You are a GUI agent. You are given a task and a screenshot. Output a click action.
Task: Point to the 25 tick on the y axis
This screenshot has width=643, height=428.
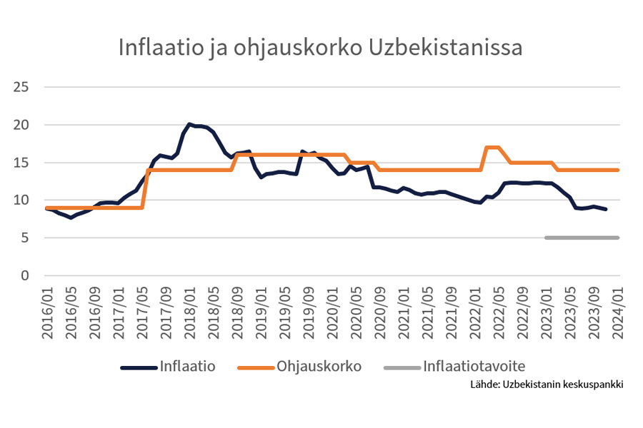[x=25, y=87]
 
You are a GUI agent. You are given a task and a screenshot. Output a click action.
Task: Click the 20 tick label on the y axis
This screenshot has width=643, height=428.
[x=25, y=125]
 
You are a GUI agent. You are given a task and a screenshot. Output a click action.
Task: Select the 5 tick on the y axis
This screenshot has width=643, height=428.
[x=29, y=238]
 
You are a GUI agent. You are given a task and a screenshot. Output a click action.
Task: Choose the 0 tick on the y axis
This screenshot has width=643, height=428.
[x=29, y=275]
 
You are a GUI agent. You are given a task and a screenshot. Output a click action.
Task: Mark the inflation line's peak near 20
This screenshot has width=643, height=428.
[x=189, y=124]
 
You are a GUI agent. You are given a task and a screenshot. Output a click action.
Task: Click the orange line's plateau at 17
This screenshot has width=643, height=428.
[x=493, y=148]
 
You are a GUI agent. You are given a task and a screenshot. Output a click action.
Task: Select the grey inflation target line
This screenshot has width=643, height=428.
[x=582, y=238]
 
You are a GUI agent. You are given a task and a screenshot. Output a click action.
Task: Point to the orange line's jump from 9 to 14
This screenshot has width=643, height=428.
[x=145, y=188]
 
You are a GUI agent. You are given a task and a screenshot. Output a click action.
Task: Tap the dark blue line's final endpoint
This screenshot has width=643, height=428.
[x=607, y=209]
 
